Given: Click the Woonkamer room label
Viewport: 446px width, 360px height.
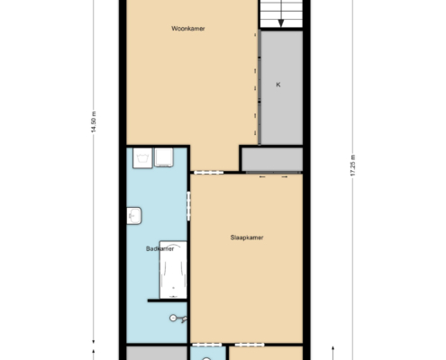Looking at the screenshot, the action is tap(188, 29).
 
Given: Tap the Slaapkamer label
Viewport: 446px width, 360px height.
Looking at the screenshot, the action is tap(247, 238).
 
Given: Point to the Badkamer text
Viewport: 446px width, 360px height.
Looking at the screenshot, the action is tap(159, 248).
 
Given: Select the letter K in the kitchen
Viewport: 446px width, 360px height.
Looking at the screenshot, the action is tap(278, 85).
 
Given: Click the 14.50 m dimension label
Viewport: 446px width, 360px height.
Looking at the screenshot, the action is tap(94, 121).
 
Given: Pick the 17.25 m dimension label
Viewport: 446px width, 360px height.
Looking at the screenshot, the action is tap(352, 166).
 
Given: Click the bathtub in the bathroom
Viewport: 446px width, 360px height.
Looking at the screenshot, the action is tap(173, 270).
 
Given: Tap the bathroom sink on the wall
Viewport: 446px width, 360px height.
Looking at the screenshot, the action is tap(134, 216).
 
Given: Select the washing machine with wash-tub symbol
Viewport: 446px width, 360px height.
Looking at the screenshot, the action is tap(142, 158).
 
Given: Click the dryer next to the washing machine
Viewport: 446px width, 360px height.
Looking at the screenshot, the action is tap(164, 157).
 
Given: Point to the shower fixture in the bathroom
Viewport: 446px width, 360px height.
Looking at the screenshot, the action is tap(178, 319).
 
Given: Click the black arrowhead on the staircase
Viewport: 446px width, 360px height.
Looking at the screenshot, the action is tap(281, 23).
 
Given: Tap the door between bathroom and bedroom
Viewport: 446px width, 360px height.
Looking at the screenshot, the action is tap(188, 206).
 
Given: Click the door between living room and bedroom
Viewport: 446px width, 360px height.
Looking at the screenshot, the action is tap(209, 172).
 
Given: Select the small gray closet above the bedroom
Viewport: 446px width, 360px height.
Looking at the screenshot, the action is tap(272, 159).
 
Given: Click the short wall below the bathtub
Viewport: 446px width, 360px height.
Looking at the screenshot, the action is tap(168, 301).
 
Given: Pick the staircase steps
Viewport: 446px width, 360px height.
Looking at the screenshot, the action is tap(281, 13).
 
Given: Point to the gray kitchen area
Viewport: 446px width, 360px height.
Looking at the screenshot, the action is tap(282, 87).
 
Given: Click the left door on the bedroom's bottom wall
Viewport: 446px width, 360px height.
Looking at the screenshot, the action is tap(206, 345).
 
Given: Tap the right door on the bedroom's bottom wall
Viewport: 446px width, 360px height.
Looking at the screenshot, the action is tap(250, 345).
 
